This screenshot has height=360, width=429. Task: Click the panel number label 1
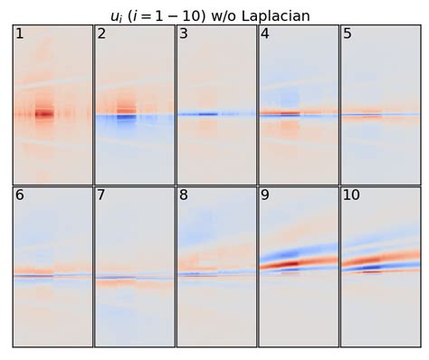[19, 34]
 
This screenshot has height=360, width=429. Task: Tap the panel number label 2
[101, 34]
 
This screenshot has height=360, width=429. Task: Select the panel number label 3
[184, 34]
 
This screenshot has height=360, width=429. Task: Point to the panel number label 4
[265, 34]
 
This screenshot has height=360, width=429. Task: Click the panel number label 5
[348, 34]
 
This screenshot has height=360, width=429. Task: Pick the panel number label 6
[19, 196]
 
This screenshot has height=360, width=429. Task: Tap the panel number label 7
[101, 196]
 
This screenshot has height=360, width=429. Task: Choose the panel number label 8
[184, 196]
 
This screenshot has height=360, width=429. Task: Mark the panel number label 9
[265, 196]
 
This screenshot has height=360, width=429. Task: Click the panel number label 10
[351, 196]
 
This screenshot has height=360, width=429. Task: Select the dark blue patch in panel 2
[126, 118]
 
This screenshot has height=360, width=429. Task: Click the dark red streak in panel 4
[290, 114]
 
